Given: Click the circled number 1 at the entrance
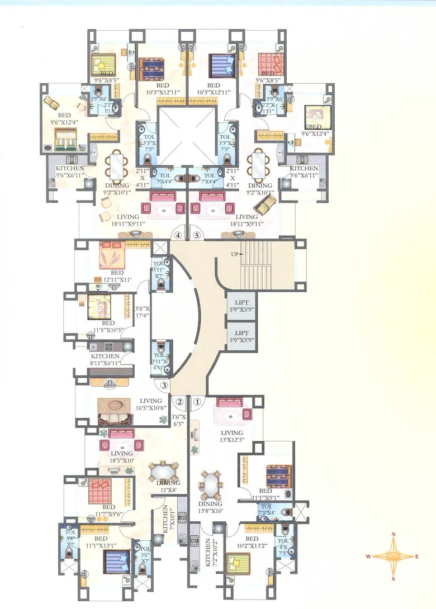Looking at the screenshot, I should pos(197,401).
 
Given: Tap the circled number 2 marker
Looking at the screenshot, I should pos(180,401).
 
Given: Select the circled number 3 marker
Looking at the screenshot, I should pos(164,385).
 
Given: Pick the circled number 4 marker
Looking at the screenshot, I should pos(178,235).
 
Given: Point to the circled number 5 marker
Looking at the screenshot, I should pos(196,235).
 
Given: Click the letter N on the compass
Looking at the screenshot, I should pos(394,535).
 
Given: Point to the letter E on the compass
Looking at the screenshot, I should pos(417,556).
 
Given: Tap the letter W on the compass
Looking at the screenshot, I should pos(368,557).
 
